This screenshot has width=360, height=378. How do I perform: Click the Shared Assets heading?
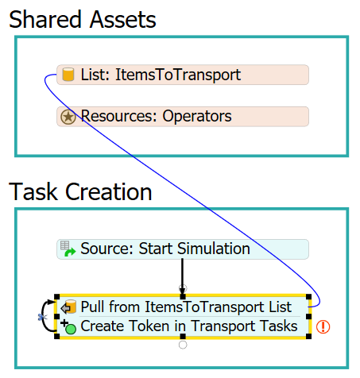(x=83, y=20)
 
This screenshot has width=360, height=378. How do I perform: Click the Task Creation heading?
(x=80, y=191)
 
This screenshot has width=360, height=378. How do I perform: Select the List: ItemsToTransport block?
(x=183, y=75)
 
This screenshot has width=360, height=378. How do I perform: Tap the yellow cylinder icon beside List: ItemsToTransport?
(x=68, y=75)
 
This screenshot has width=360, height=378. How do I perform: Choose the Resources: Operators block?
(x=183, y=117)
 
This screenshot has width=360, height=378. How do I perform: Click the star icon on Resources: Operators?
(x=68, y=117)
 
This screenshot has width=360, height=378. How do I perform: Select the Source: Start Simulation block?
(x=183, y=249)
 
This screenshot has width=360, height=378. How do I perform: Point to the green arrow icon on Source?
(x=70, y=252)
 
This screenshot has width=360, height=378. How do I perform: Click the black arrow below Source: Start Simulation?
(x=182, y=277)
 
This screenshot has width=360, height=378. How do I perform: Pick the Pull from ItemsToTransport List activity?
(x=186, y=307)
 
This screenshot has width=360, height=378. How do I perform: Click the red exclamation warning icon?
(x=323, y=326)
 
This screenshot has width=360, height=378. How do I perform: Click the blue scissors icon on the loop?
(x=42, y=317)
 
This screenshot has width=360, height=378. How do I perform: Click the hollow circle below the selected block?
(x=183, y=345)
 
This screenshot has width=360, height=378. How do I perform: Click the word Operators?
(x=197, y=116)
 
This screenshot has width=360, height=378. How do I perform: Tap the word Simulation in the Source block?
(x=214, y=249)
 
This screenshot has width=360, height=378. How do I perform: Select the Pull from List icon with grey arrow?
(x=68, y=307)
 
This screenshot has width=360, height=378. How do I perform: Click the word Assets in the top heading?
(x=123, y=20)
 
